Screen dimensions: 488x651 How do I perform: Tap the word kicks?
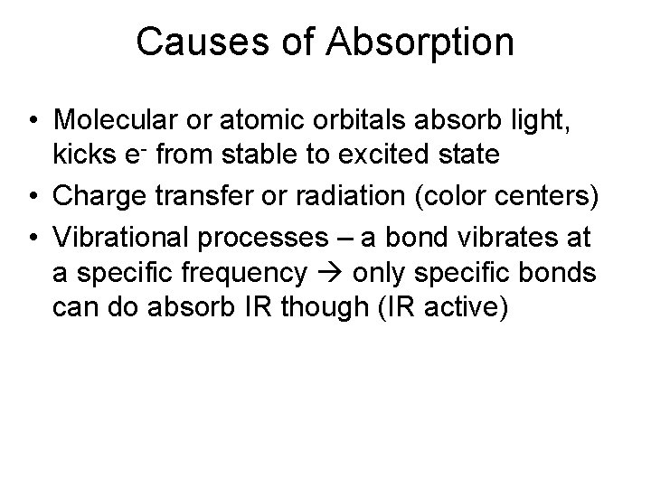tap(80, 155)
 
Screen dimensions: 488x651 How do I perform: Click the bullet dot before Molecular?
tap(32, 121)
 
